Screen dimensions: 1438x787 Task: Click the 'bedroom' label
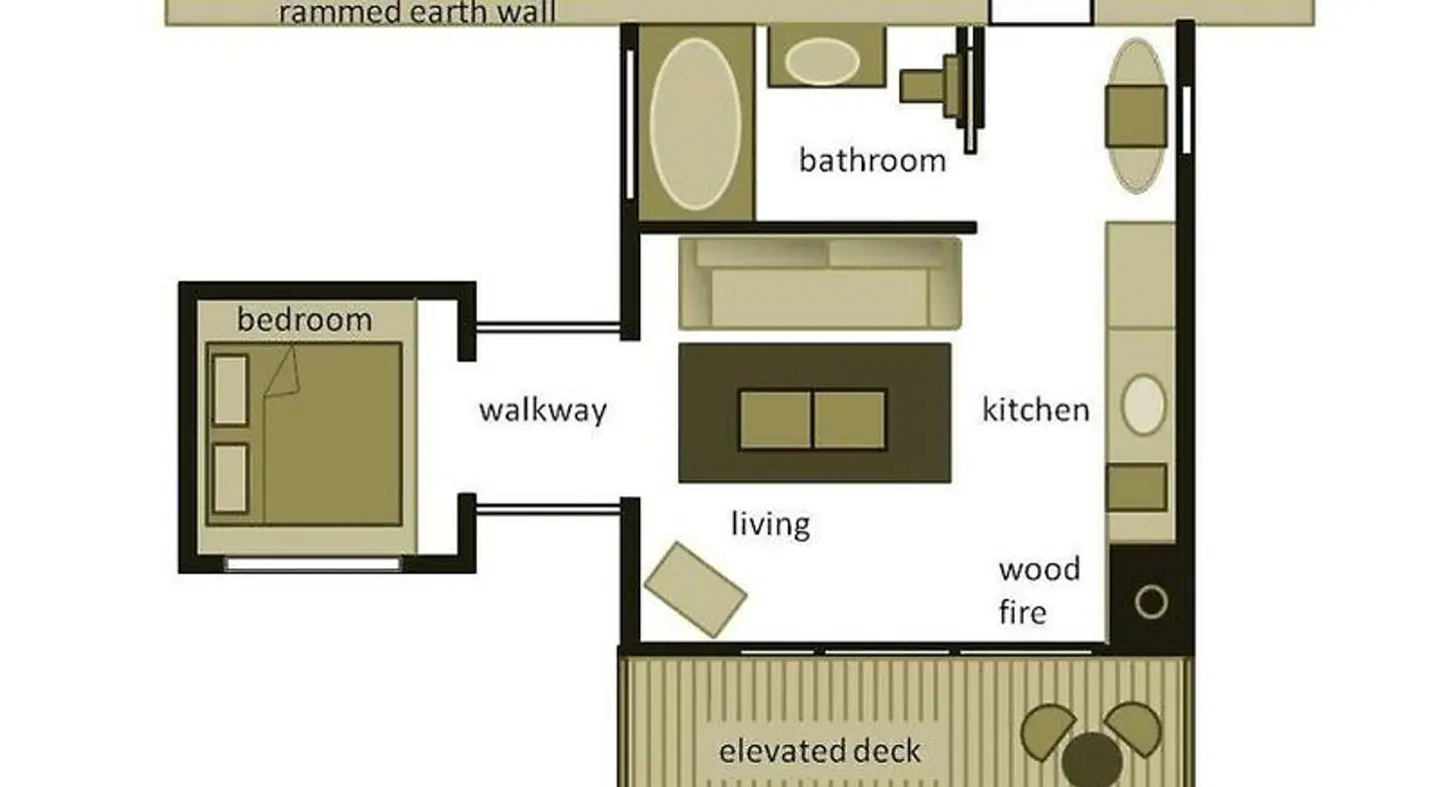tap(305, 320)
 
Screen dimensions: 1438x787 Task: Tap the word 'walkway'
tap(542, 410)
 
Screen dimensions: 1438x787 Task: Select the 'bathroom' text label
tap(873, 161)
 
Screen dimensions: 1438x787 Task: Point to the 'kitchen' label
tap(1037, 410)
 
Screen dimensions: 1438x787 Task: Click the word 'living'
tap(770, 524)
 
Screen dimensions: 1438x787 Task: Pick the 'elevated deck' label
tap(820, 752)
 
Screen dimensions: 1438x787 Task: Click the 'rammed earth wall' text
tap(417, 13)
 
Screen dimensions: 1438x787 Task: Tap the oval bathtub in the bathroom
tap(695, 124)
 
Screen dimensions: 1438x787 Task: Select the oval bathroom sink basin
tap(822, 61)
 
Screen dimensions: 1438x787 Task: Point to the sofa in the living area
tap(820, 283)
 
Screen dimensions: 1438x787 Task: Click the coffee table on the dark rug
tap(813, 419)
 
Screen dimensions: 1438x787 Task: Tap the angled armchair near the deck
tap(695, 590)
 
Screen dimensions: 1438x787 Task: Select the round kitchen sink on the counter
tap(1143, 405)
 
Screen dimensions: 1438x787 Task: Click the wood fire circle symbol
tap(1151, 602)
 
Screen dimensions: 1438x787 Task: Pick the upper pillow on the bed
tap(231, 391)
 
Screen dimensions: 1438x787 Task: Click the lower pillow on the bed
tap(231, 478)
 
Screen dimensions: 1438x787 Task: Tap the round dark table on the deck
tap(1092, 761)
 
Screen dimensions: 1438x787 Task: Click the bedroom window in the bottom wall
tap(314, 564)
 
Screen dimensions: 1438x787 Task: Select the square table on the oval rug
tap(1135, 116)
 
